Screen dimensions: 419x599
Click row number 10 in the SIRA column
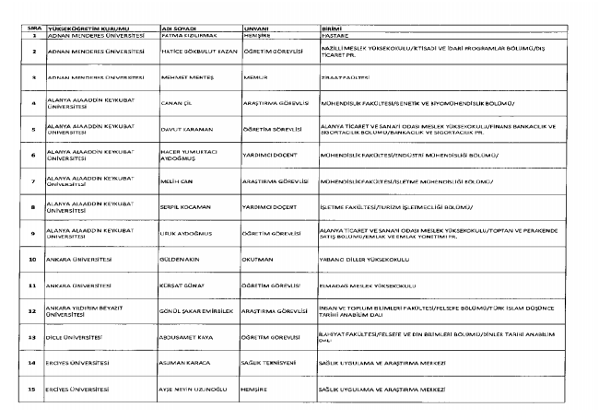32,261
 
